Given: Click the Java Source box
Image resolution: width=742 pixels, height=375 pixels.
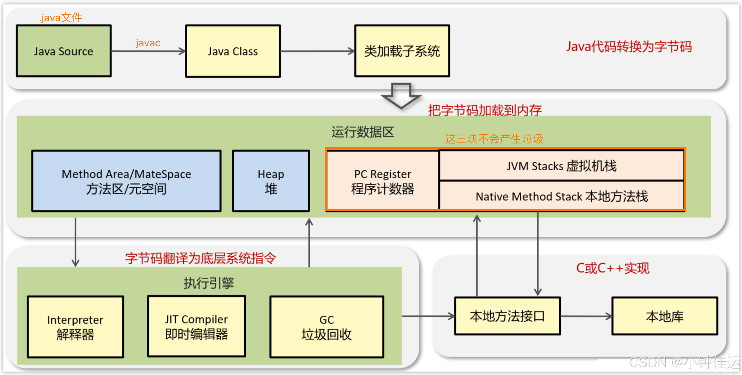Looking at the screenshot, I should [64, 51].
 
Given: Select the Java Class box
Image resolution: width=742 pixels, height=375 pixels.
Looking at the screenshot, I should [233, 51].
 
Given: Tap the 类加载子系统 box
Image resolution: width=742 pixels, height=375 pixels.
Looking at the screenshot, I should [402, 51].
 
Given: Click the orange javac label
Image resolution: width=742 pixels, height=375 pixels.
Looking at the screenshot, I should [148, 43].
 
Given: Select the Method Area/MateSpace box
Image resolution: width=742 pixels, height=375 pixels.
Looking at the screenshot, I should [126, 181].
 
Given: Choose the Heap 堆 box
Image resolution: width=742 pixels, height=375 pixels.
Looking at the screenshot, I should [271, 181].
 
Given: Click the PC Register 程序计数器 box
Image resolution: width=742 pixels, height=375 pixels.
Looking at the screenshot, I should [382, 181].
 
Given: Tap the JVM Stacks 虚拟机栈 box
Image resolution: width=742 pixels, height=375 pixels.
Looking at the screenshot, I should [561, 166].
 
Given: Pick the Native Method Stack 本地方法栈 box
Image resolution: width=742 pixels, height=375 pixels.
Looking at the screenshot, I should [561, 196].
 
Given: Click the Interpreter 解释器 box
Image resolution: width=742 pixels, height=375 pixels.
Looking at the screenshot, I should [76, 327].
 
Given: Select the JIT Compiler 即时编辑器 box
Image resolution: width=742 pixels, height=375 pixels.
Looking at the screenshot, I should [196, 326].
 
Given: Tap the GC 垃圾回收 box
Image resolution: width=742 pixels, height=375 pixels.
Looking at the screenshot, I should [327, 327].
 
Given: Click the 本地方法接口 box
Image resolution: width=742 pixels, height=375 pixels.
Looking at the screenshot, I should [507, 316].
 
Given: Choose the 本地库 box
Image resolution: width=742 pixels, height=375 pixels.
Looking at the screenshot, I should [665, 316].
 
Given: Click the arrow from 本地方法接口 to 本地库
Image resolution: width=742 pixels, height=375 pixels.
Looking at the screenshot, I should [586, 316].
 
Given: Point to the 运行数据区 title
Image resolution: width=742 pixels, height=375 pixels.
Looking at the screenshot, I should [362, 132].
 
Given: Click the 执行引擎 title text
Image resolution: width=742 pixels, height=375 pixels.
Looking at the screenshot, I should [209, 283].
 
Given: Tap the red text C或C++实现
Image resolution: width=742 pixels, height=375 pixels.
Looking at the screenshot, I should [613, 268].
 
